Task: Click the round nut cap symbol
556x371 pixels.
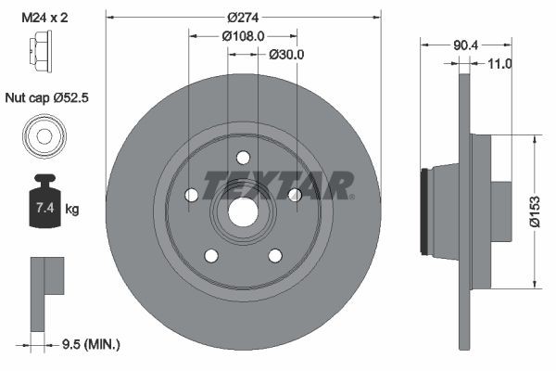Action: pos(43,137)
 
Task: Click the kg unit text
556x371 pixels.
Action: pos(73,210)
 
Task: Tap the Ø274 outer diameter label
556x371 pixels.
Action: pos(243,17)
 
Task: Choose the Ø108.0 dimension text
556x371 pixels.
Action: pos(243,36)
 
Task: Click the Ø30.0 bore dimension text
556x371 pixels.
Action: pos(286,55)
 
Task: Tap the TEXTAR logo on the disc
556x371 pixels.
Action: pos(278,185)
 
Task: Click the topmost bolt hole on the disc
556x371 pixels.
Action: pos(243,157)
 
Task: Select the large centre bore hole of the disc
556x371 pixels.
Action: pos(243,211)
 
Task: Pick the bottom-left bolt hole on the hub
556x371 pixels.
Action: pos(211,255)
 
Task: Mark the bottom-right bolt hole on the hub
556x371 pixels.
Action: pos(275,255)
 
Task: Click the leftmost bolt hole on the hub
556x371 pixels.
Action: pos(191,195)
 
